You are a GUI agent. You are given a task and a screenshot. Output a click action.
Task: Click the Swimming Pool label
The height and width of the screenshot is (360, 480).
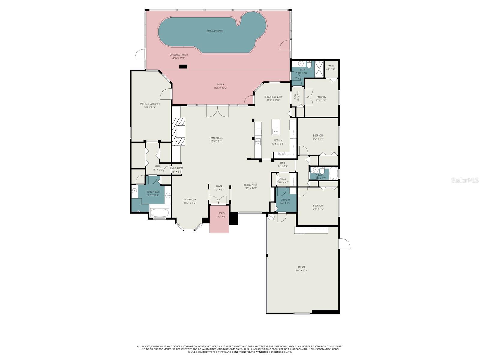[215, 31]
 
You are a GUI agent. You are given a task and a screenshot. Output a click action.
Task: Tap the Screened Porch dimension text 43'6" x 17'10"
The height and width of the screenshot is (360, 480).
[179, 58]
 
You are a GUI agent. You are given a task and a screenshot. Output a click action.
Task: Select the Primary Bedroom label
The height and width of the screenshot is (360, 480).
[150, 104]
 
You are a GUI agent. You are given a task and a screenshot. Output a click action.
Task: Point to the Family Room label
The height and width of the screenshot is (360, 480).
[216, 138]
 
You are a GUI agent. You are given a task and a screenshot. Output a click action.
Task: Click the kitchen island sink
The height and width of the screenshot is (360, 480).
[276, 131]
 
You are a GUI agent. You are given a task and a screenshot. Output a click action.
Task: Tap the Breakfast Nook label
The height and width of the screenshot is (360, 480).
[273, 97]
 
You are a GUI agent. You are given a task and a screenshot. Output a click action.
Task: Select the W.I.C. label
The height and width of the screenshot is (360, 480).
[331, 66]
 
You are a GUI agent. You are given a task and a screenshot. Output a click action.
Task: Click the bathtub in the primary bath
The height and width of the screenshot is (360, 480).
[160, 213]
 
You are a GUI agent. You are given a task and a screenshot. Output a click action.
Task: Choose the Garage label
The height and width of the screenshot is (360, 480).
[301, 267]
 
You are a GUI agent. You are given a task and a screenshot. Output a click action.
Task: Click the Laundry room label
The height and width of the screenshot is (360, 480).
[285, 200]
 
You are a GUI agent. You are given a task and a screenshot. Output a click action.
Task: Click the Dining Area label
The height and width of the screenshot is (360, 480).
[250, 185]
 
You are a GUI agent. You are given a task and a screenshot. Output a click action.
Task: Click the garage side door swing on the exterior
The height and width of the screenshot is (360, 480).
[344, 244]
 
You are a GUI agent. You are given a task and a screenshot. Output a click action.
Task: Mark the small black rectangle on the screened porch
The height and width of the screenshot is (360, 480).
[183, 67]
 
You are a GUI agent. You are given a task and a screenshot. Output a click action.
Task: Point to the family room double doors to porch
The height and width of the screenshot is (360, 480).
[217, 111]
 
